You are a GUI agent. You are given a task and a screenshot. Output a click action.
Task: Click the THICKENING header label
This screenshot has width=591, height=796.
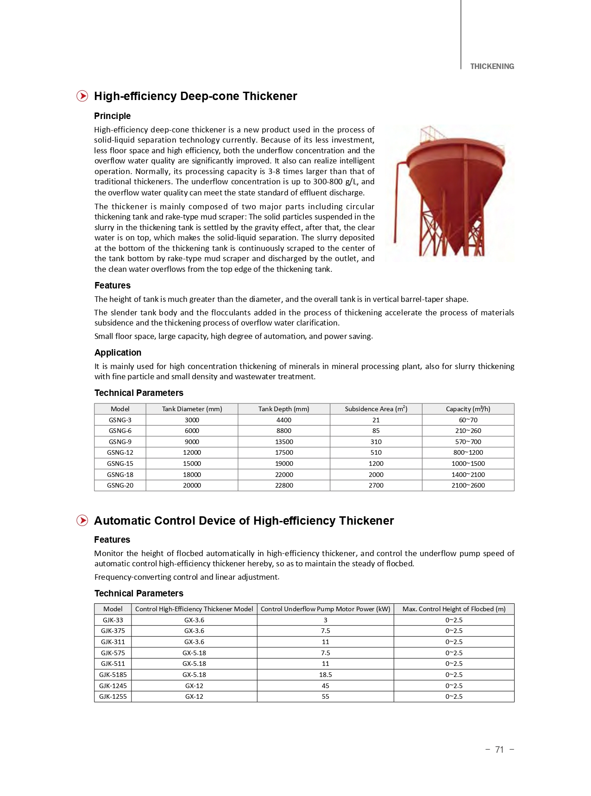[491, 66]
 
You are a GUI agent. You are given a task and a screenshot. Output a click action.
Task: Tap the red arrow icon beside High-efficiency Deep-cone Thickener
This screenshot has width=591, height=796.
[82, 96]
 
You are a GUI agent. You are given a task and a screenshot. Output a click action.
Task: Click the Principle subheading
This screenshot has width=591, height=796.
[112, 116]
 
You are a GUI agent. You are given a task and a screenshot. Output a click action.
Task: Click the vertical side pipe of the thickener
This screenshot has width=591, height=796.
[396, 204]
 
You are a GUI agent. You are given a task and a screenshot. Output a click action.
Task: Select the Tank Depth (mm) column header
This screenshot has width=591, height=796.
[283, 409]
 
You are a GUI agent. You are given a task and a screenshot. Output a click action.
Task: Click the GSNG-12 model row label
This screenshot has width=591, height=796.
[120, 452]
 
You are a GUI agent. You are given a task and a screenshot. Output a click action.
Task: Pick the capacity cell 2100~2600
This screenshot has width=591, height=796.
[468, 485]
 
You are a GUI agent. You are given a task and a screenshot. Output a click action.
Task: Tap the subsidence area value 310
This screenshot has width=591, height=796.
[376, 442]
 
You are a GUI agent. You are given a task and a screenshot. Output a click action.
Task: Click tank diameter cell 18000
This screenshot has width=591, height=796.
[192, 475]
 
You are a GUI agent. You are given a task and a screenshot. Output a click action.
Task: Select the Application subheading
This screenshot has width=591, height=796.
[118, 352]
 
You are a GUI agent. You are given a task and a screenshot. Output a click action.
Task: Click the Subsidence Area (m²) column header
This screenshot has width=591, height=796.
[376, 409]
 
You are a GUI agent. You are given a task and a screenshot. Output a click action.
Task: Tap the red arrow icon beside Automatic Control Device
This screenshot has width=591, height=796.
[82, 520]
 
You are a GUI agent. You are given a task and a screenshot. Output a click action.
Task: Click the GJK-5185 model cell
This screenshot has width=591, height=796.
[113, 675]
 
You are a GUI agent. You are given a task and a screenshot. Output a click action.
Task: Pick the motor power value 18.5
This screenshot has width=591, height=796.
[325, 675]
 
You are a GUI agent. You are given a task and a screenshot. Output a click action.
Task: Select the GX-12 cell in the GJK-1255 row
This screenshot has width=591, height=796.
[194, 696]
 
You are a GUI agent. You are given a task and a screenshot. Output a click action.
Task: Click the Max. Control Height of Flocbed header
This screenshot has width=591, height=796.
[453, 609]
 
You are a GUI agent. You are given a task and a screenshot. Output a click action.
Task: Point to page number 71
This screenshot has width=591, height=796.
[499, 749]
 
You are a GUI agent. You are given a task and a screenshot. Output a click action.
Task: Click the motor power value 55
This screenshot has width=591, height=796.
[325, 696]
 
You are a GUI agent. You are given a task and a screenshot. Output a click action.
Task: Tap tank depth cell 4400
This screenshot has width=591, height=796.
[283, 420]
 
